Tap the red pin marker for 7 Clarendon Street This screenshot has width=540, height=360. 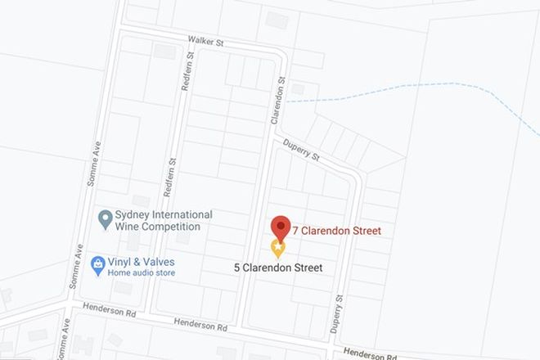click(x=281, y=227)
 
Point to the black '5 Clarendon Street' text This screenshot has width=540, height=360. click(x=278, y=268)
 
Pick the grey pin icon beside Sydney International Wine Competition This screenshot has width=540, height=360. click(x=105, y=218)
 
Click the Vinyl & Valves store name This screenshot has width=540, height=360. click(x=145, y=263)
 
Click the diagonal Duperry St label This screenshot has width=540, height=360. click(x=304, y=148)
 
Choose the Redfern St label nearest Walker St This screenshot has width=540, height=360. click(x=187, y=71)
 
